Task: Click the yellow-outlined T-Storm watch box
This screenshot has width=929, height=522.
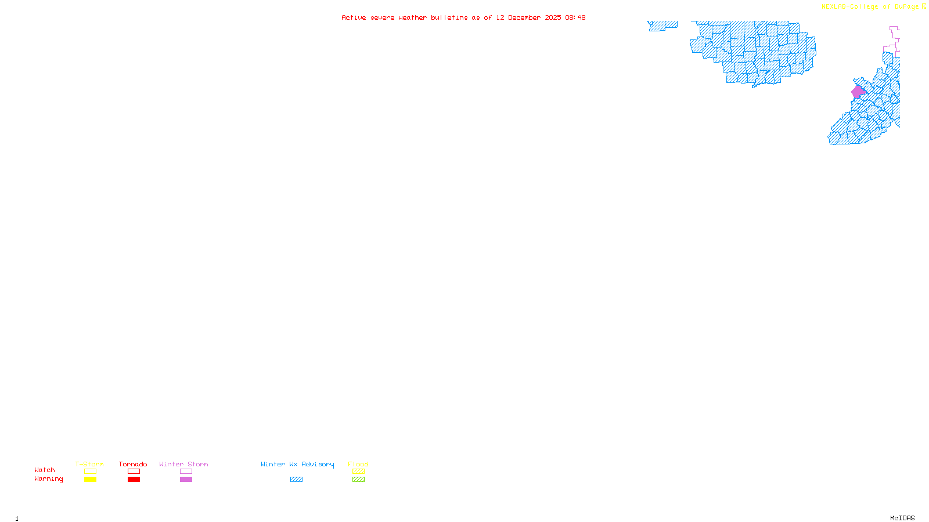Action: click(90, 472)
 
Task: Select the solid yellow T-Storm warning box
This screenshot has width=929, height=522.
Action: click(90, 480)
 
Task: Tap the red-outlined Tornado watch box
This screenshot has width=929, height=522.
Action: click(134, 472)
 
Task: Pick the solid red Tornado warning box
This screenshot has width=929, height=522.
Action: click(134, 480)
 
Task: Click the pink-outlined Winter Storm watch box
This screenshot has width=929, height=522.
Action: click(186, 472)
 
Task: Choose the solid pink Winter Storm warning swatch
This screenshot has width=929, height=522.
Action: click(186, 480)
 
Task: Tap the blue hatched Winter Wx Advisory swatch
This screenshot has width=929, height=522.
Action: click(296, 480)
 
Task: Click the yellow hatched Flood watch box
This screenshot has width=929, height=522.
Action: click(358, 472)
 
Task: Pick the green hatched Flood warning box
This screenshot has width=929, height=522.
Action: click(358, 480)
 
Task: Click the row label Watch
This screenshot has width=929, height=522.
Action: click(45, 470)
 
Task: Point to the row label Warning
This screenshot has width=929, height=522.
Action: click(48, 479)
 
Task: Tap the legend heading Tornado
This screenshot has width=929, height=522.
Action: click(133, 464)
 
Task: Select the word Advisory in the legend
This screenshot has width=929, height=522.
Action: click(318, 464)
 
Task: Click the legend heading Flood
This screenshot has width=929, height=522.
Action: click(358, 464)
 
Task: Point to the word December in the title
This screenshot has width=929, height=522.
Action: click(524, 17)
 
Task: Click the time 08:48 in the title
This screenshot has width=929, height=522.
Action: click(575, 17)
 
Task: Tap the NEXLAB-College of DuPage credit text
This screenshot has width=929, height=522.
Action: click(870, 7)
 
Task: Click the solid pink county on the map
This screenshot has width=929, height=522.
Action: click(858, 92)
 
